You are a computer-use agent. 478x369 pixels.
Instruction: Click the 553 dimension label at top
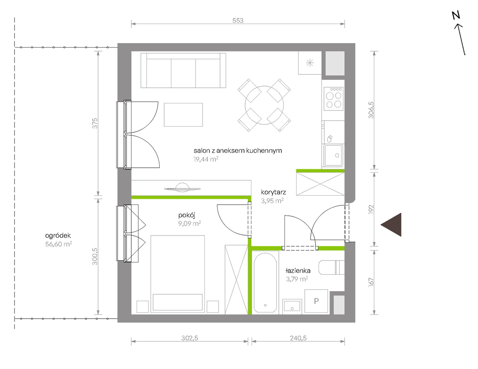point(238,21)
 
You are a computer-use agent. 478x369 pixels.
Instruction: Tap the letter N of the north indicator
point(456,16)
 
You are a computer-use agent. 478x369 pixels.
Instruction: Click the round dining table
point(264,105)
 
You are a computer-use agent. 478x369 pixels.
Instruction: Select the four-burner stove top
point(334,99)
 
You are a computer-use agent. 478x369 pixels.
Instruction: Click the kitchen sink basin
point(333,155)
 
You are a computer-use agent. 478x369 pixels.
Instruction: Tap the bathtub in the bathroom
point(265,283)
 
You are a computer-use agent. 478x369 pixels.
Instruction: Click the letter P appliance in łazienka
point(316,301)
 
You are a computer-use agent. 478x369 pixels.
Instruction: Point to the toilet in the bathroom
point(331,268)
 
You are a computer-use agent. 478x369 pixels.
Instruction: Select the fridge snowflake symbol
point(310,63)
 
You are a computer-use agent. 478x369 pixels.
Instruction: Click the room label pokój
point(187,215)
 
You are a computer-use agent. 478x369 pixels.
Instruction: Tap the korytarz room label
point(273,192)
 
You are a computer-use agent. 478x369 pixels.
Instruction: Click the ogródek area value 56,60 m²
point(59,244)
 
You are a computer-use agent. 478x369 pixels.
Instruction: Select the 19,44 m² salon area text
point(206,159)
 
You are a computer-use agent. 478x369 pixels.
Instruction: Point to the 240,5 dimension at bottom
point(298,338)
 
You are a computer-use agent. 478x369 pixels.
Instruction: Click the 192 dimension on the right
point(371,209)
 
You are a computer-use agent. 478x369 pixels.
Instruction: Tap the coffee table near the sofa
point(183,115)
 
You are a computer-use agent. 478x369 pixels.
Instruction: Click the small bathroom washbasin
point(292,306)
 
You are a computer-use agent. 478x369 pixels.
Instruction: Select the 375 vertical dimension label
point(95,123)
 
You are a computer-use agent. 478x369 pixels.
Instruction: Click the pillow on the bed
point(178,302)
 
